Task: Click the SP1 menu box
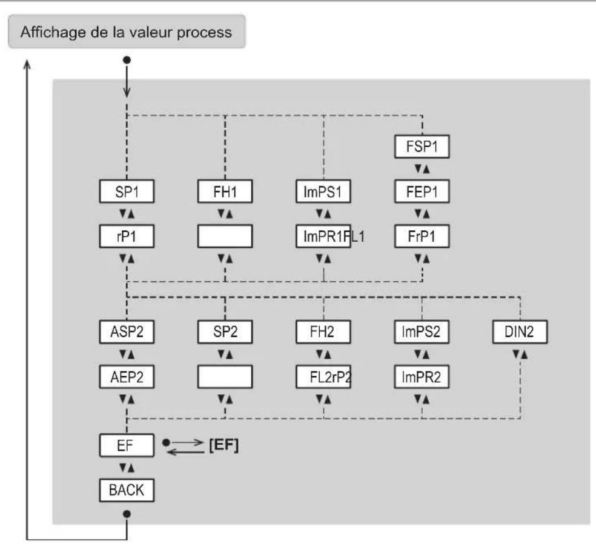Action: (127, 191)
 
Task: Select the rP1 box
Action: (127, 236)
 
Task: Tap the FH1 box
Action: (225, 191)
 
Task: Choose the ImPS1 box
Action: (323, 191)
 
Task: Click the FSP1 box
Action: (422, 147)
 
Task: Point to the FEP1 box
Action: (422, 191)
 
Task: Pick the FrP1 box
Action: (422, 236)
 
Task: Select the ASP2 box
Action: (127, 332)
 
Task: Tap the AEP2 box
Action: (127, 377)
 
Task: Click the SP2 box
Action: (225, 332)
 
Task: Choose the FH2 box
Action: (323, 332)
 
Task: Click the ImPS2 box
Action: (422, 332)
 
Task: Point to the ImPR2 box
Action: (422, 377)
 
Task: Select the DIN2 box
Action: (520, 332)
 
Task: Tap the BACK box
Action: (127, 490)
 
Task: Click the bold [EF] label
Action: (224, 445)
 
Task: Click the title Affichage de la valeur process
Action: (126, 32)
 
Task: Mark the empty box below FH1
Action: (225, 236)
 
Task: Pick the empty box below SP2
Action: (225, 377)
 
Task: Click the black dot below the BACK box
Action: (127, 514)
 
